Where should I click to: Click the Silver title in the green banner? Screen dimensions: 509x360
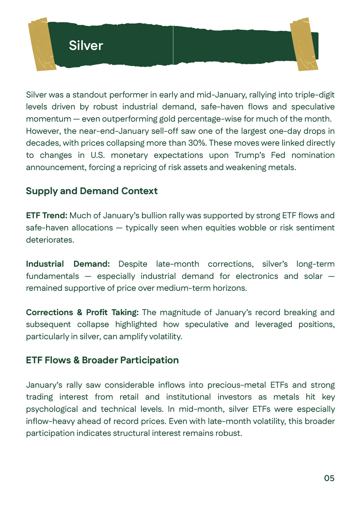[x=86, y=46]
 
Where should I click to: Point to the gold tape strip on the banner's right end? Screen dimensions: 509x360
[x=304, y=44]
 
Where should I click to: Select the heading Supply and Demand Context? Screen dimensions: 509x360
[x=92, y=191]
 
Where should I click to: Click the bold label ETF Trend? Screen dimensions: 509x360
[x=47, y=215]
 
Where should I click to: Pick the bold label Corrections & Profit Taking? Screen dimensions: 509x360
[x=82, y=312]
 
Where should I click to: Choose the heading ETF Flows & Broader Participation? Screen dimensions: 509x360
[x=102, y=360]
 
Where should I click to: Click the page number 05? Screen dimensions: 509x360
[x=329, y=478]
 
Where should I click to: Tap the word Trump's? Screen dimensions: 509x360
[x=250, y=155]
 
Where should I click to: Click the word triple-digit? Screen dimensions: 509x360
[x=315, y=95]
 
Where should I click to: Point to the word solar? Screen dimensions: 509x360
[x=313, y=276]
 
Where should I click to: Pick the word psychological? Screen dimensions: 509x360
[x=52, y=409]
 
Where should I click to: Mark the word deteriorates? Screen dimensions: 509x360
[x=50, y=240]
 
